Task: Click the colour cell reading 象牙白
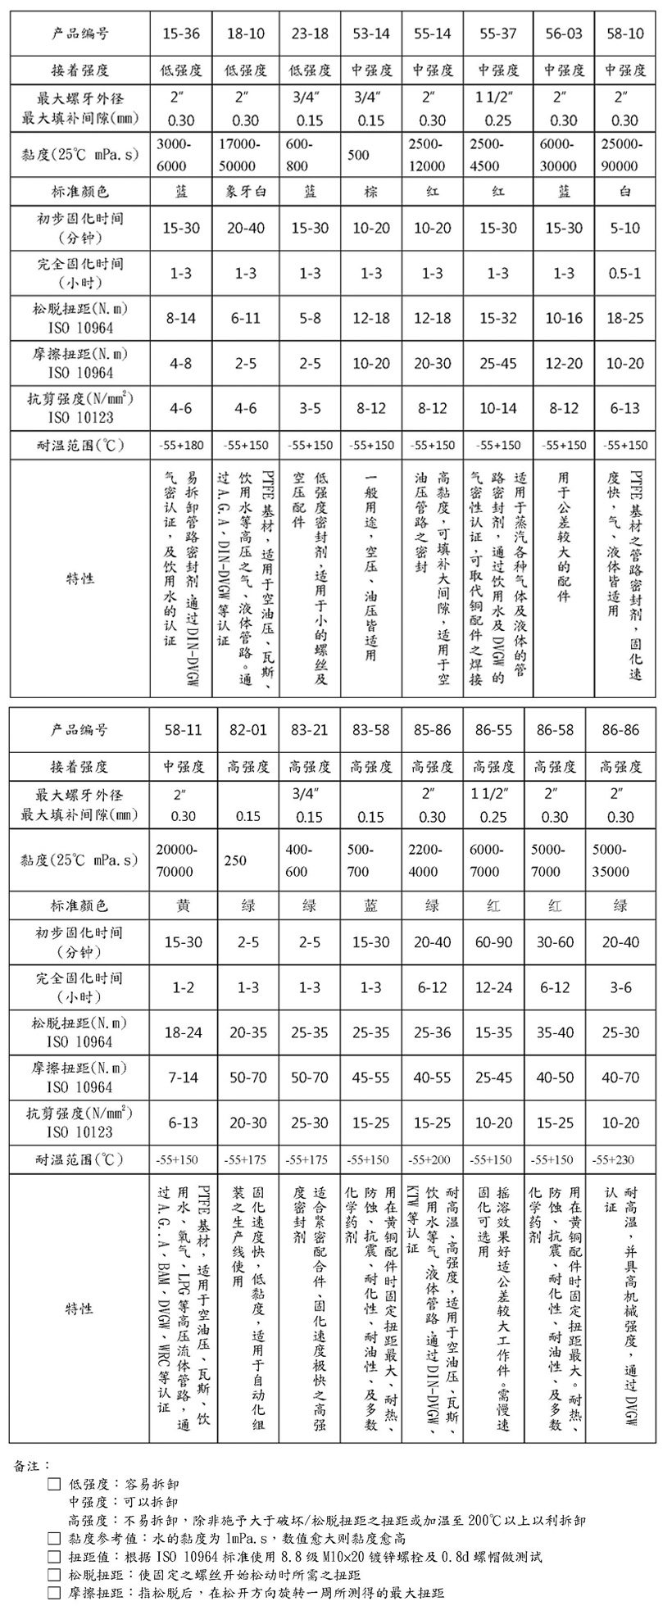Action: point(247,191)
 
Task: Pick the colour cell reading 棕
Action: point(370,191)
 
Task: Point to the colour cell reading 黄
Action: point(181,905)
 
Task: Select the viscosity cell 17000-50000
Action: point(245,153)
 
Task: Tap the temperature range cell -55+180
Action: point(181,445)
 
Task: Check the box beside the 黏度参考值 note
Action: point(55,1539)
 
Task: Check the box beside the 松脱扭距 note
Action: point(55,1575)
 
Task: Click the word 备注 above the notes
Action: point(31,1464)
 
